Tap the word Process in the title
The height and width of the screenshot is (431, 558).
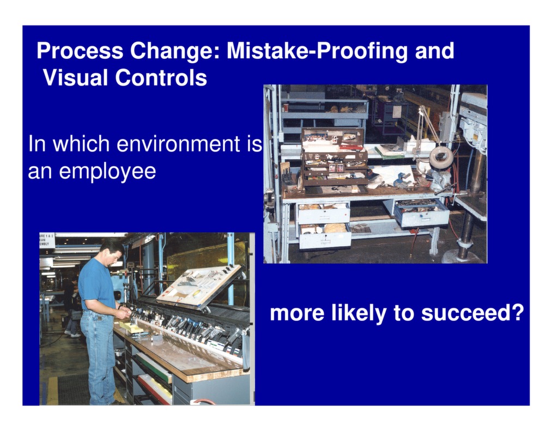(80, 51)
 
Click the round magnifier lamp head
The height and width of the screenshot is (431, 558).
(441, 158)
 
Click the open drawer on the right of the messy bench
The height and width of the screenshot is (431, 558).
(421, 213)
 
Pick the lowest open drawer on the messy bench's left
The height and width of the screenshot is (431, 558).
(325, 236)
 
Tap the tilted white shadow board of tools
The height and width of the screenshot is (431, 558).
(198, 286)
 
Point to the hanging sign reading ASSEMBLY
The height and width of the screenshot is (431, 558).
(47, 240)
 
